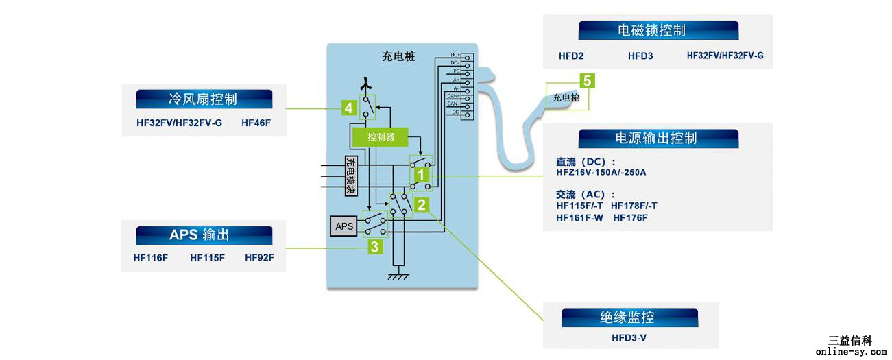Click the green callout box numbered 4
coord(349,108)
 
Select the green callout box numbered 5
coord(587,81)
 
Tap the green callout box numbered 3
coord(375,246)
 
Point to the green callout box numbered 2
coord(422,204)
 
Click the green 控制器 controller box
coord(381,137)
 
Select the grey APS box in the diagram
coord(344,226)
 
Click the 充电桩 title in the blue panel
coord(398,57)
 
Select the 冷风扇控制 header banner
coord(204,99)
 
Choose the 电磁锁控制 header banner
coord(658,30)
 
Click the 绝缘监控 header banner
coord(629,317)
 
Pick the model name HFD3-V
coord(629,338)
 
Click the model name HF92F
coord(259,259)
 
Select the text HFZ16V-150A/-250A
coord(601,173)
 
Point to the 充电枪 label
coord(566,98)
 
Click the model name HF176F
coord(630,218)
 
